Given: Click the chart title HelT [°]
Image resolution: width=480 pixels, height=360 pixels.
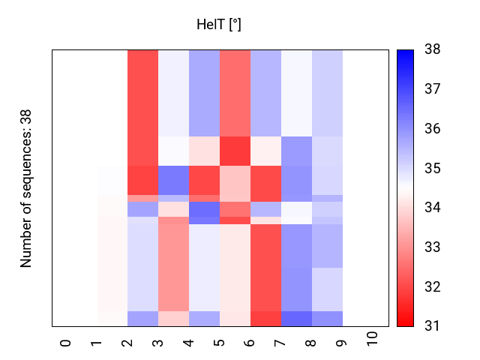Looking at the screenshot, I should coord(218,25).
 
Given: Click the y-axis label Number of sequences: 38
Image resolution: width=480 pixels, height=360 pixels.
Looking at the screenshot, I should coord(26,188).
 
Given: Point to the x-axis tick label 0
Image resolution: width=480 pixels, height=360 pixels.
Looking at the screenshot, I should coord(66,343).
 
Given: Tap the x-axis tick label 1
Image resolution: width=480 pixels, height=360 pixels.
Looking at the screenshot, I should coord(97,343).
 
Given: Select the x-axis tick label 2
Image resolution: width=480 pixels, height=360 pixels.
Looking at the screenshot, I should coord(127,343).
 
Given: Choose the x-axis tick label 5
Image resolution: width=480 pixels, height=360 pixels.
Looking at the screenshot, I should coord(220,343).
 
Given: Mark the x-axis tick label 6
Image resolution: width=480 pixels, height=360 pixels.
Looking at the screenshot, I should coord(250,343).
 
